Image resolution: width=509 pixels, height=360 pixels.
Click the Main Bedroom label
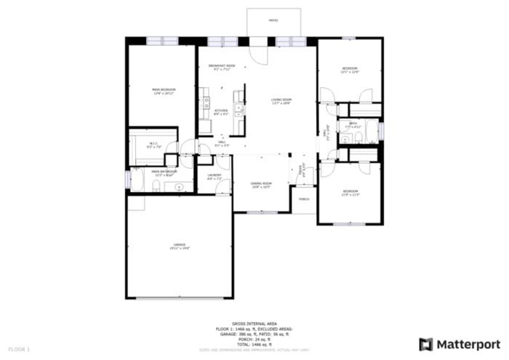coord(163,91)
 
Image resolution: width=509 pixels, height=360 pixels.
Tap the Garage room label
coord(180,246)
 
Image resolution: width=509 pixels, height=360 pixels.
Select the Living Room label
coord(281,100)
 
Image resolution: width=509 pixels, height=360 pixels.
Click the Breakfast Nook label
coord(221,68)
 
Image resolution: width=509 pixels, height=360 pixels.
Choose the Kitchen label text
coord(221,112)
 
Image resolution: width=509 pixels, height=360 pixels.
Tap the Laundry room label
coord(214,177)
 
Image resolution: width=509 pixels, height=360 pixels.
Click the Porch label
coord(304,199)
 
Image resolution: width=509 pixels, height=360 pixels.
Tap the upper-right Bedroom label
coord(350,70)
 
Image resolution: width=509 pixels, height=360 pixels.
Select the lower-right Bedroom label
coord(350,194)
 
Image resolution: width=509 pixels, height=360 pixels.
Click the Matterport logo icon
coord(426,344)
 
